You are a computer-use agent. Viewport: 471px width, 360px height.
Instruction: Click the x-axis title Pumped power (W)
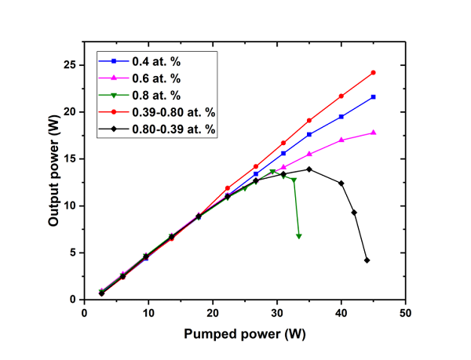click(x=244, y=333)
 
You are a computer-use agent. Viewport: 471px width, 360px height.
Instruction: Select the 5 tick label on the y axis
click(x=71, y=253)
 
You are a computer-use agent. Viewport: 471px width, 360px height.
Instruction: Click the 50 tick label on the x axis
click(x=405, y=311)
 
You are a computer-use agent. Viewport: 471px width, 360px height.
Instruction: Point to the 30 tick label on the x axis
click(x=277, y=311)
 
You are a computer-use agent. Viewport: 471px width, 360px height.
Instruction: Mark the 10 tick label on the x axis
click(x=148, y=311)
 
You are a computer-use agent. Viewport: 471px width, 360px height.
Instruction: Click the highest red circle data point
click(x=373, y=72)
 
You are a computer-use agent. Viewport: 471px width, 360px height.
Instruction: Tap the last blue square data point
click(x=373, y=96)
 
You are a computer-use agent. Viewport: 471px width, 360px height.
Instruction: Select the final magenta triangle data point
click(x=373, y=133)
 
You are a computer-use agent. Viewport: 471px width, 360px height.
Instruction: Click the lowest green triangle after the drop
click(x=298, y=236)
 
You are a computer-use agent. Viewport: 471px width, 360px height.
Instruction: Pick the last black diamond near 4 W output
click(x=367, y=260)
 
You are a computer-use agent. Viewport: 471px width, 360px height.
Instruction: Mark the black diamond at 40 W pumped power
click(x=341, y=183)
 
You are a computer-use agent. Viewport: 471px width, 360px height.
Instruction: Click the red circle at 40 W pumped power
click(x=341, y=96)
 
